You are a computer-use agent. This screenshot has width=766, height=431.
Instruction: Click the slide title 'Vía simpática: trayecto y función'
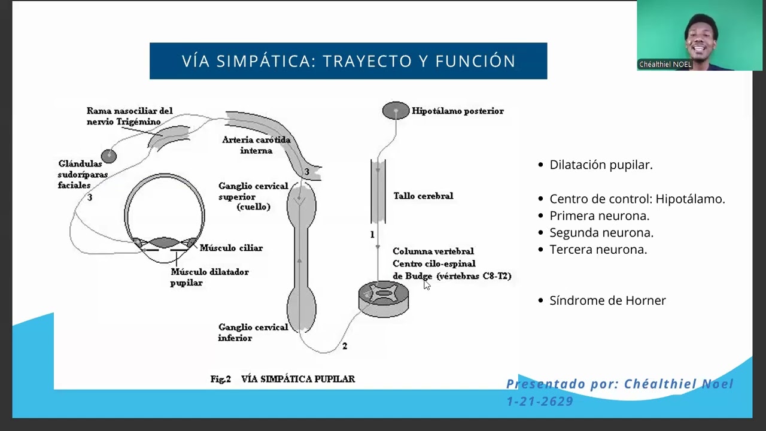click(x=348, y=61)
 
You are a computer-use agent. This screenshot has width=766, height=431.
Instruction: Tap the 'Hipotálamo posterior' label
click(x=457, y=111)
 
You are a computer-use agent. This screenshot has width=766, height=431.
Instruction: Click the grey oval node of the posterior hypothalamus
click(x=396, y=110)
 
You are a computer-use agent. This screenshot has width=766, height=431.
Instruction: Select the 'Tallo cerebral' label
click(x=423, y=196)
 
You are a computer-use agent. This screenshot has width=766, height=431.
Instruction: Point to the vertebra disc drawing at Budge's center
click(x=384, y=298)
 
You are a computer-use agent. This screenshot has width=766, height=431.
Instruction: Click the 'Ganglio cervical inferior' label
click(x=253, y=333)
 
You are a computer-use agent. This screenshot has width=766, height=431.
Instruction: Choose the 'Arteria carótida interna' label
click(x=256, y=145)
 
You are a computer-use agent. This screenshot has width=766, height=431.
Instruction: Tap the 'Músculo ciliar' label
click(x=231, y=248)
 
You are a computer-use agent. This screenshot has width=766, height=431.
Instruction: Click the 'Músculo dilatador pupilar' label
click(x=209, y=277)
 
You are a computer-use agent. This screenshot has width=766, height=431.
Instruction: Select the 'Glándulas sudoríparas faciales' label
click(x=83, y=174)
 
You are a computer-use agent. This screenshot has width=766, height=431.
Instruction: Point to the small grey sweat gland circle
click(x=108, y=156)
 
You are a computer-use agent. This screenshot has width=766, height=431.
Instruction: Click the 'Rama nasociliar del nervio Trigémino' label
click(x=129, y=116)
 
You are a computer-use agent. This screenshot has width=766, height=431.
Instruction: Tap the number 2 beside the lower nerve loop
click(x=344, y=346)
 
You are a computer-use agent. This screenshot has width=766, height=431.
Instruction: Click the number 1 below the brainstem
click(x=372, y=235)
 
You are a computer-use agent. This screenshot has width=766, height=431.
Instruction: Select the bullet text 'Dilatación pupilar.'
click(x=601, y=165)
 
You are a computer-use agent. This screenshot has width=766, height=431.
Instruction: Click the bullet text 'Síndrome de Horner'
click(x=607, y=301)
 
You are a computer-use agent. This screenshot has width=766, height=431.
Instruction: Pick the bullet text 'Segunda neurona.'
click(x=601, y=233)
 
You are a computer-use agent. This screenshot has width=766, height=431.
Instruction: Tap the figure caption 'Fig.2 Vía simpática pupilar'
click(x=282, y=379)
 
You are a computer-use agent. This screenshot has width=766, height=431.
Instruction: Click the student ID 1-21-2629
click(x=540, y=402)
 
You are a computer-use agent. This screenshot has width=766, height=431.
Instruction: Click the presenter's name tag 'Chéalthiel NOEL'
click(x=665, y=64)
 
